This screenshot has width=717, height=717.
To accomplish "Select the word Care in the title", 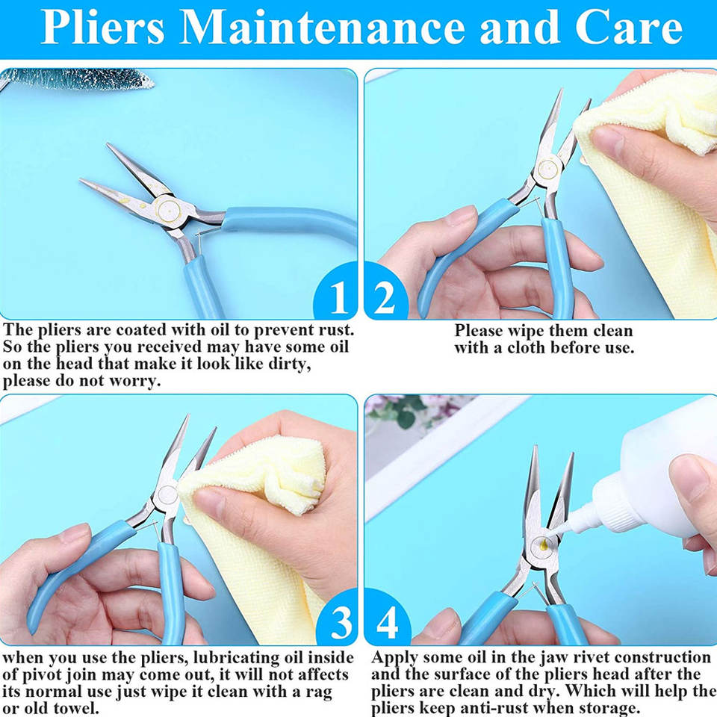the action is (628, 28).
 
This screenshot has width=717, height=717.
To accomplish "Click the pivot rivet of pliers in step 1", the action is (168, 210).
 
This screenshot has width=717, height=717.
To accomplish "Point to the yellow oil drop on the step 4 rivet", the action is (543, 544).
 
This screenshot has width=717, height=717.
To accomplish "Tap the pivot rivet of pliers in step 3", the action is (167, 494).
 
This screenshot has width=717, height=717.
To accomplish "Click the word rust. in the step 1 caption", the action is (333, 329).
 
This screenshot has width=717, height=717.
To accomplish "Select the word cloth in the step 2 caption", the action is (526, 347).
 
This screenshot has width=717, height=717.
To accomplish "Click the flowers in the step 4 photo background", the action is (403, 410).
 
